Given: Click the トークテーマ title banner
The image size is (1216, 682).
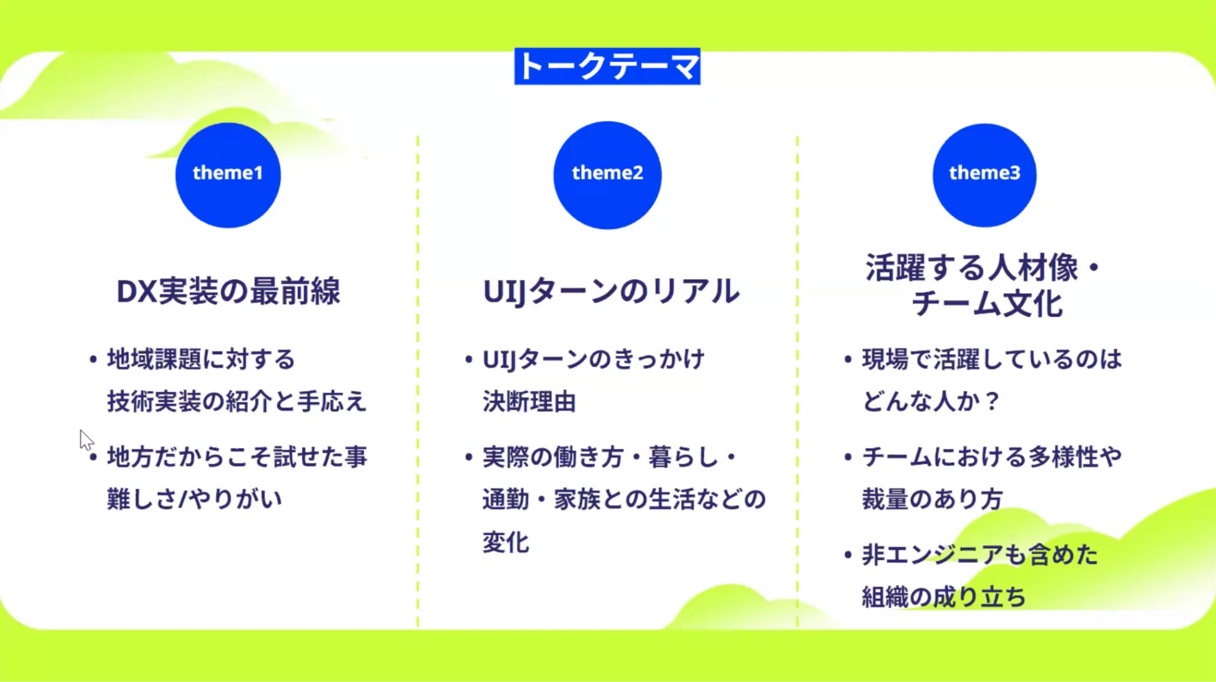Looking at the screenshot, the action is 607,66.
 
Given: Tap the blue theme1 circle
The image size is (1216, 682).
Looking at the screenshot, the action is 228,175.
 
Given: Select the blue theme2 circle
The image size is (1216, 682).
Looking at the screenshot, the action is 607,175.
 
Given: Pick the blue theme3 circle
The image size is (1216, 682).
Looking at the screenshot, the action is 984,175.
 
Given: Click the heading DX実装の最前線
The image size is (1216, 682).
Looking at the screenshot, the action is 228,291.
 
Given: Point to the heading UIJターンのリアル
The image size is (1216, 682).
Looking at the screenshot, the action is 611,291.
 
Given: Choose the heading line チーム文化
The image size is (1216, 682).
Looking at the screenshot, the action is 987,304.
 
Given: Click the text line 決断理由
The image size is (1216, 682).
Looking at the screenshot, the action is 529,402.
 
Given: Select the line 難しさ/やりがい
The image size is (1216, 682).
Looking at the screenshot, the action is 195,499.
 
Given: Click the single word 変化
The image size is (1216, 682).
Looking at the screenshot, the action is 506,542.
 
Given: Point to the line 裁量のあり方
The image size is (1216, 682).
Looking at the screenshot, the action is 933,499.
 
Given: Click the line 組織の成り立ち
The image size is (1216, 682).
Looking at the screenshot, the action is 944,597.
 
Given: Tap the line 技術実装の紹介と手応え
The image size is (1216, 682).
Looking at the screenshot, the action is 237,402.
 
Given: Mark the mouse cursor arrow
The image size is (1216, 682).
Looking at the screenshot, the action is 86,440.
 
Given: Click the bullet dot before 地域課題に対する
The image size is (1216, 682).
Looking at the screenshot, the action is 93,360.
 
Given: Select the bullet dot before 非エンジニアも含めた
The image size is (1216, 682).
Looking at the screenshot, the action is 848,555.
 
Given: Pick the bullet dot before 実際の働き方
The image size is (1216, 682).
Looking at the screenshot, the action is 469,458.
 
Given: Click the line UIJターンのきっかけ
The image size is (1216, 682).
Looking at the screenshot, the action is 594,360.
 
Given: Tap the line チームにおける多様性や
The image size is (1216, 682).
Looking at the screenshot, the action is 992,457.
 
